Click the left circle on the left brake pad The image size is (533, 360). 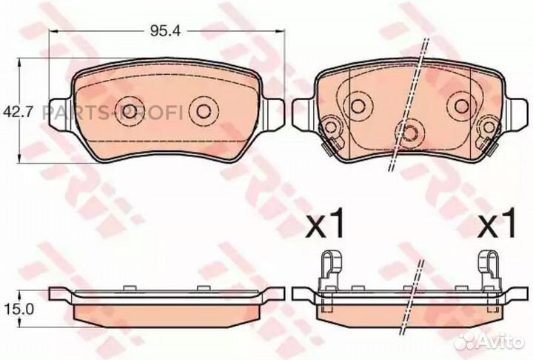[x=130, y=111]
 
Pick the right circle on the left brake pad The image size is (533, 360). [x=203, y=111]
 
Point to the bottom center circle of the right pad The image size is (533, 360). [x=409, y=131]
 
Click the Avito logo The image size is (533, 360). [x=488, y=341]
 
